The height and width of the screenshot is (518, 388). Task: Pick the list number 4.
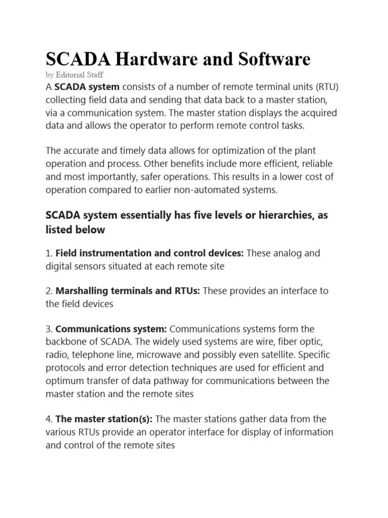tap(48, 419)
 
